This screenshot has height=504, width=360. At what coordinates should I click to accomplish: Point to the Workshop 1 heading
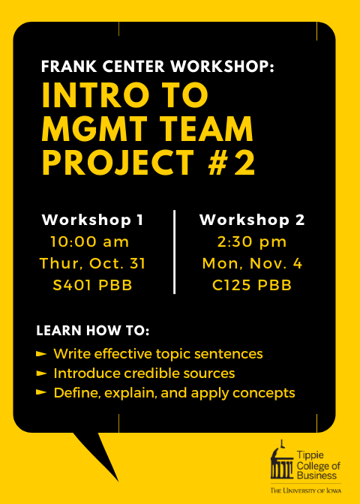tap(92, 220)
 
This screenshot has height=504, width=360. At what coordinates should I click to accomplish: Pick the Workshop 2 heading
tap(252, 220)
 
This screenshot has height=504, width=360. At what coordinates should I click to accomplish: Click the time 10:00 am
tap(90, 242)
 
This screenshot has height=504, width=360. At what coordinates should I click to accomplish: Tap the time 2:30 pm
tap(252, 242)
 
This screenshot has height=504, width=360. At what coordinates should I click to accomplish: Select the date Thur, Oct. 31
tap(92, 263)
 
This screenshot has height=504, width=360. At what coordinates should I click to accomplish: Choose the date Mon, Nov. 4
tap(252, 263)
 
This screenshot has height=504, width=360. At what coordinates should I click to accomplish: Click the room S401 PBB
tap(92, 286)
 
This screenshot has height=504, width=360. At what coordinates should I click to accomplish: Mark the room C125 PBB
tap(252, 286)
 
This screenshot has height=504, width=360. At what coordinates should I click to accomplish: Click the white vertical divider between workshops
tap(174, 252)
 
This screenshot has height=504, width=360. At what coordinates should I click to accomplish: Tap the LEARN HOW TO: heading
tap(93, 331)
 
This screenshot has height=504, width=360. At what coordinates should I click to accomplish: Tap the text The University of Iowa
tap(306, 490)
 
